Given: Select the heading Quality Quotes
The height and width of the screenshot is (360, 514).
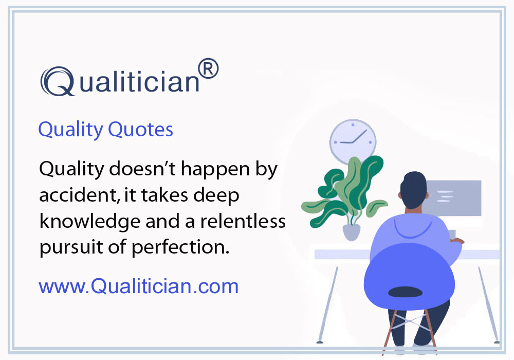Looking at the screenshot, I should click(x=105, y=129).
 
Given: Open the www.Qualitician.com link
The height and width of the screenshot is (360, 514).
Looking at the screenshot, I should click(x=139, y=286).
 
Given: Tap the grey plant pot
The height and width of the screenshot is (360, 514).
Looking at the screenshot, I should click(x=352, y=231).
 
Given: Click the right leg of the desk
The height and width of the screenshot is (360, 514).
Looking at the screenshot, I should click(x=488, y=303).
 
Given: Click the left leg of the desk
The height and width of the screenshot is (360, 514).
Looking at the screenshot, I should click(x=326, y=303).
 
